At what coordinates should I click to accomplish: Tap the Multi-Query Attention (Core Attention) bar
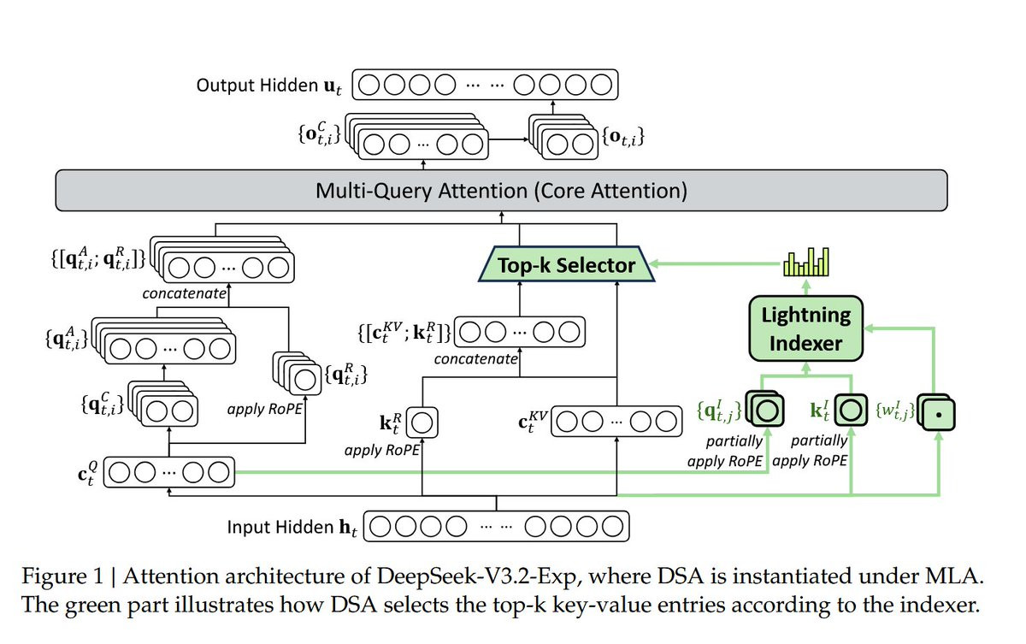point(501,190)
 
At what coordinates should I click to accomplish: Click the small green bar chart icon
point(806,263)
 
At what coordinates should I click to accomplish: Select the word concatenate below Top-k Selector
point(475,359)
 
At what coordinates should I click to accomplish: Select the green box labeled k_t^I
point(848,411)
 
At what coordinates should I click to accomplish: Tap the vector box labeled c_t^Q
point(168,472)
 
